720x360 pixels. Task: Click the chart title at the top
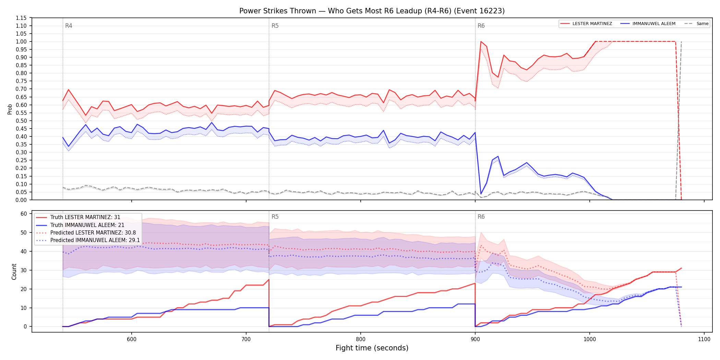point(372,11)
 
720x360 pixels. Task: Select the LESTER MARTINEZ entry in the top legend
point(586,24)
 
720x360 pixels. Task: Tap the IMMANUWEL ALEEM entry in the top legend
point(648,24)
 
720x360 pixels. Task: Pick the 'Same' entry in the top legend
point(696,24)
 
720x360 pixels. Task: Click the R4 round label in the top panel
point(69,26)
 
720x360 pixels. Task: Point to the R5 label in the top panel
point(275,26)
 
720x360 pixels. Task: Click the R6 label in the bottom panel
point(481,217)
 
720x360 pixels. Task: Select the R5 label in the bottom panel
point(275,217)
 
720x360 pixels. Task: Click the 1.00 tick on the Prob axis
point(21,41)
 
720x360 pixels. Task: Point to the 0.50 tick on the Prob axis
point(21,121)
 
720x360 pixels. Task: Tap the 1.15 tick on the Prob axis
point(21,18)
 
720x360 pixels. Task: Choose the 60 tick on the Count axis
point(24,214)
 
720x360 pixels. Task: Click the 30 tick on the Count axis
point(24,270)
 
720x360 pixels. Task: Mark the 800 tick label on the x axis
point(361,339)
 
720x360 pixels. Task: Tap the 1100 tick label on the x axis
point(704,339)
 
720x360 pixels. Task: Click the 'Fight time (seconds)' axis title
point(372,348)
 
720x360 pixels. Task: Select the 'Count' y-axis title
point(14,272)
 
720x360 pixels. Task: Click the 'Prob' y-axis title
point(10,109)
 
